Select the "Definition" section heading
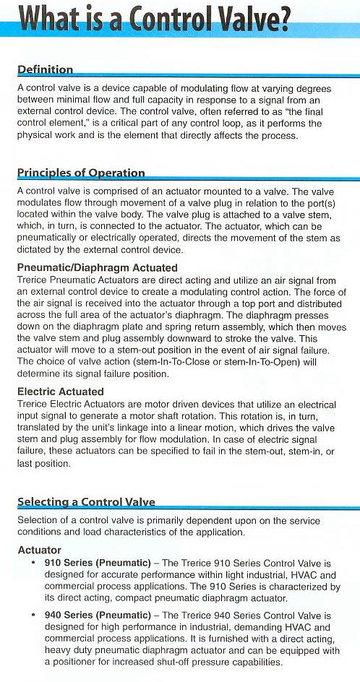(x=45, y=70)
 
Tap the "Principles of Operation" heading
(x=81, y=173)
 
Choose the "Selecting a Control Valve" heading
(x=86, y=502)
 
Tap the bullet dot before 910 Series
(x=34, y=563)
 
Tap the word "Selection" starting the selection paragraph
(x=38, y=522)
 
